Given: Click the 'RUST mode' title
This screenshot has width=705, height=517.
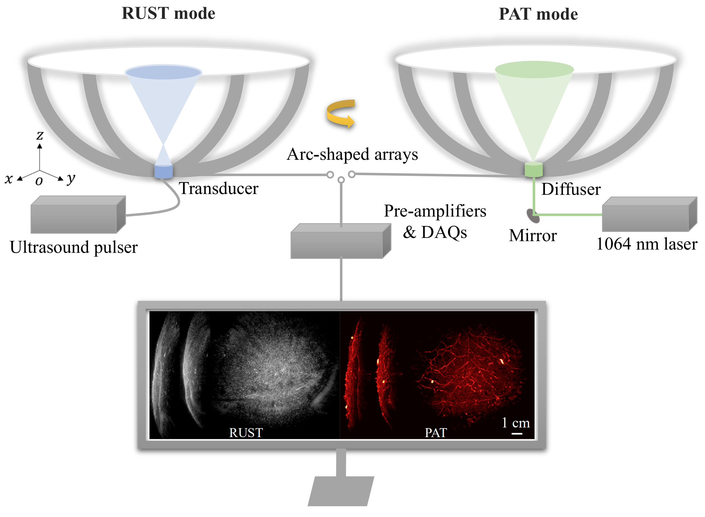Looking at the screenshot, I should coord(168,14).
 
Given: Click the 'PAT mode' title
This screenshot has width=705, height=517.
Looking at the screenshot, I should coord(538,14).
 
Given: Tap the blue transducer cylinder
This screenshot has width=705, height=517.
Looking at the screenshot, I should coord(164,171).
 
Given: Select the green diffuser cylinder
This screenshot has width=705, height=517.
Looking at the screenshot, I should coord(534,169).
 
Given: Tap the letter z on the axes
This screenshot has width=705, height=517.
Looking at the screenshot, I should coord(40,135).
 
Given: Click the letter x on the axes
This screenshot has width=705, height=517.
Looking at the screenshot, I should coord(9,179).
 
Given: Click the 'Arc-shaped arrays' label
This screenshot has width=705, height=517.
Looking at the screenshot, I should coord(352,154).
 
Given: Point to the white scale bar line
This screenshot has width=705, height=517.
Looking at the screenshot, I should coord(517,434).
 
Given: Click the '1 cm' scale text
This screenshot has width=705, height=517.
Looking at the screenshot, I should coord(516,422).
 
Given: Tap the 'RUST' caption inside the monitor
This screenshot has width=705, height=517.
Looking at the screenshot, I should coord(246,433).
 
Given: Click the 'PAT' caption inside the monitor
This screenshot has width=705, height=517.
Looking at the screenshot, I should coord(436,433).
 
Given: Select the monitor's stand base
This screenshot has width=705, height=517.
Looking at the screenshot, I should coord(340,491).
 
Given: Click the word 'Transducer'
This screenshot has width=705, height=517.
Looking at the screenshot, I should coord(219,188).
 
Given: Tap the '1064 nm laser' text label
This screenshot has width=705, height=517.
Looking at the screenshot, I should coord(647,244).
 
